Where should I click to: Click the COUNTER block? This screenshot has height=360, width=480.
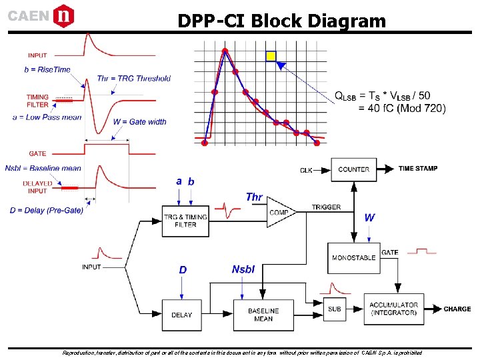click(x=353, y=169)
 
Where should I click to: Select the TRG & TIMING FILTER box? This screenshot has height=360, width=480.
click(x=185, y=220)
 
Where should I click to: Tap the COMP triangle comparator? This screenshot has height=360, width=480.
click(x=281, y=212)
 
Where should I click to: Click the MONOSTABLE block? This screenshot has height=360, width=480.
click(x=353, y=257)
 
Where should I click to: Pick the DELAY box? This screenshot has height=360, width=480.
click(x=181, y=315)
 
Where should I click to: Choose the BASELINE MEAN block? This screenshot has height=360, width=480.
click(x=263, y=315)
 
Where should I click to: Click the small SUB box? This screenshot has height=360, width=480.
click(x=335, y=309)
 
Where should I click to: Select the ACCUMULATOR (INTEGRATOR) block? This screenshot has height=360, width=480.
click(x=393, y=309)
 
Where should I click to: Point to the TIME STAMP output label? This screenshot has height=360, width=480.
click(x=418, y=169)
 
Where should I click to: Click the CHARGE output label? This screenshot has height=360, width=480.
click(x=457, y=309)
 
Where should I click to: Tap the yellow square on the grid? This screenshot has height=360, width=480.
click(x=271, y=57)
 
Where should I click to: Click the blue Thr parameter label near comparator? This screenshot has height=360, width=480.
click(x=254, y=197)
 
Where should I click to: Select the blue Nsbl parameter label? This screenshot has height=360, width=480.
click(x=243, y=269)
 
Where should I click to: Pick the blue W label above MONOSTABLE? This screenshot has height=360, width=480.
click(x=369, y=217)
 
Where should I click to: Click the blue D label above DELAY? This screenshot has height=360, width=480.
click(x=183, y=270)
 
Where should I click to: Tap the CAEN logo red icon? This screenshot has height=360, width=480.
click(x=63, y=15)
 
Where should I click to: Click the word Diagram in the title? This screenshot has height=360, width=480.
click(x=347, y=21)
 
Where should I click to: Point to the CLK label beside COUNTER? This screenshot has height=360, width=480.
click(x=306, y=171)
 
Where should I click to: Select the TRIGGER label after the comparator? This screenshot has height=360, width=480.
click(x=326, y=207)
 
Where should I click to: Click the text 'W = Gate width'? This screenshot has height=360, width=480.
click(x=139, y=122)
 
